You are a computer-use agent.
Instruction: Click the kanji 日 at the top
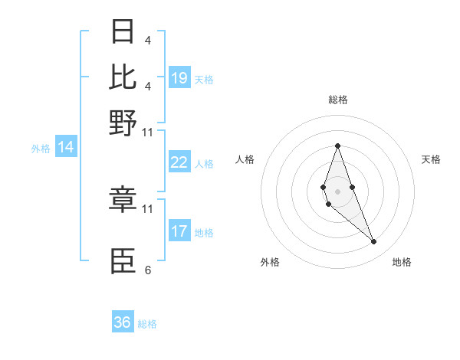click(123, 33)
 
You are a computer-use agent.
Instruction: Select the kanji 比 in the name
click(123, 77)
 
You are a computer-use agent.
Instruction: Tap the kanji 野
click(123, 122)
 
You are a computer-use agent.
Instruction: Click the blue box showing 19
click(179, 78)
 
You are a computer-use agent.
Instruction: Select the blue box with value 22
click(179, 162)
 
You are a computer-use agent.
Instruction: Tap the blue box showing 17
click(179, 231)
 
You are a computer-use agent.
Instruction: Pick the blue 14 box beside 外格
click(66, 148)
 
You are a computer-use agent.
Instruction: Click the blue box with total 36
click(123, 322)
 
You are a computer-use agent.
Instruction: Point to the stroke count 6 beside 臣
click(147, 270)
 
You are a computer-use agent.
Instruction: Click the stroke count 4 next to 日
click(147, 40)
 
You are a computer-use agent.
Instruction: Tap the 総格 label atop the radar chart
click(337, 100)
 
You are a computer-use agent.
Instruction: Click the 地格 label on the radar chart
click(402, 262)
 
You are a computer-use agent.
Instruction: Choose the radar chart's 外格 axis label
click(270, 262)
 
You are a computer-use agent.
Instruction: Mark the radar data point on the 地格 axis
click(373, 242)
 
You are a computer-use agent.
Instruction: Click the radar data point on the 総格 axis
click(337, 146)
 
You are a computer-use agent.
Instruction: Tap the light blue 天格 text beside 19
click(204, 80)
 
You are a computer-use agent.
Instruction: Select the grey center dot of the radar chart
click(337, 191)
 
